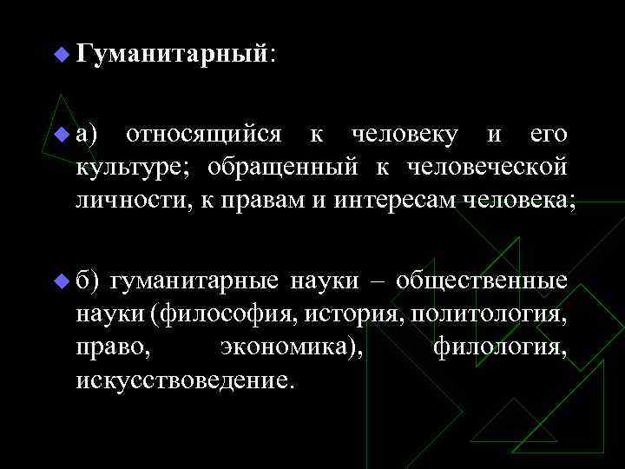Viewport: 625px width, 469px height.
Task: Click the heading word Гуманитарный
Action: click(170, 55)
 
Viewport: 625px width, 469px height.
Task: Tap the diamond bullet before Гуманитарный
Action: click(60, 55)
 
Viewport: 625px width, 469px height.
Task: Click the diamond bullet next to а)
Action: click(60, 135)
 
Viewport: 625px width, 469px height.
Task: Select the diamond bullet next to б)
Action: click(60, 281)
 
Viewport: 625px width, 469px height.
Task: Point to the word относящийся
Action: click(203, 135)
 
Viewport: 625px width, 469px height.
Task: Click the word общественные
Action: click(483, 281)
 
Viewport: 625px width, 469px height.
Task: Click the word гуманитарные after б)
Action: click(194, 281)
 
